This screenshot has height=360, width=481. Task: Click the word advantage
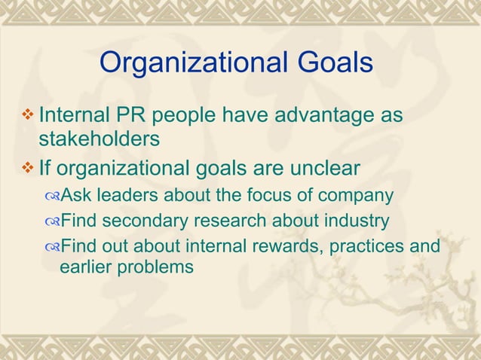(323, 117)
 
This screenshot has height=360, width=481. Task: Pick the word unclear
(319, 167)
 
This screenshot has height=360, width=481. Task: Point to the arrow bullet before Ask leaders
(51, 197)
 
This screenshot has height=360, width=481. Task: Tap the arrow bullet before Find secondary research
(51, 222)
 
